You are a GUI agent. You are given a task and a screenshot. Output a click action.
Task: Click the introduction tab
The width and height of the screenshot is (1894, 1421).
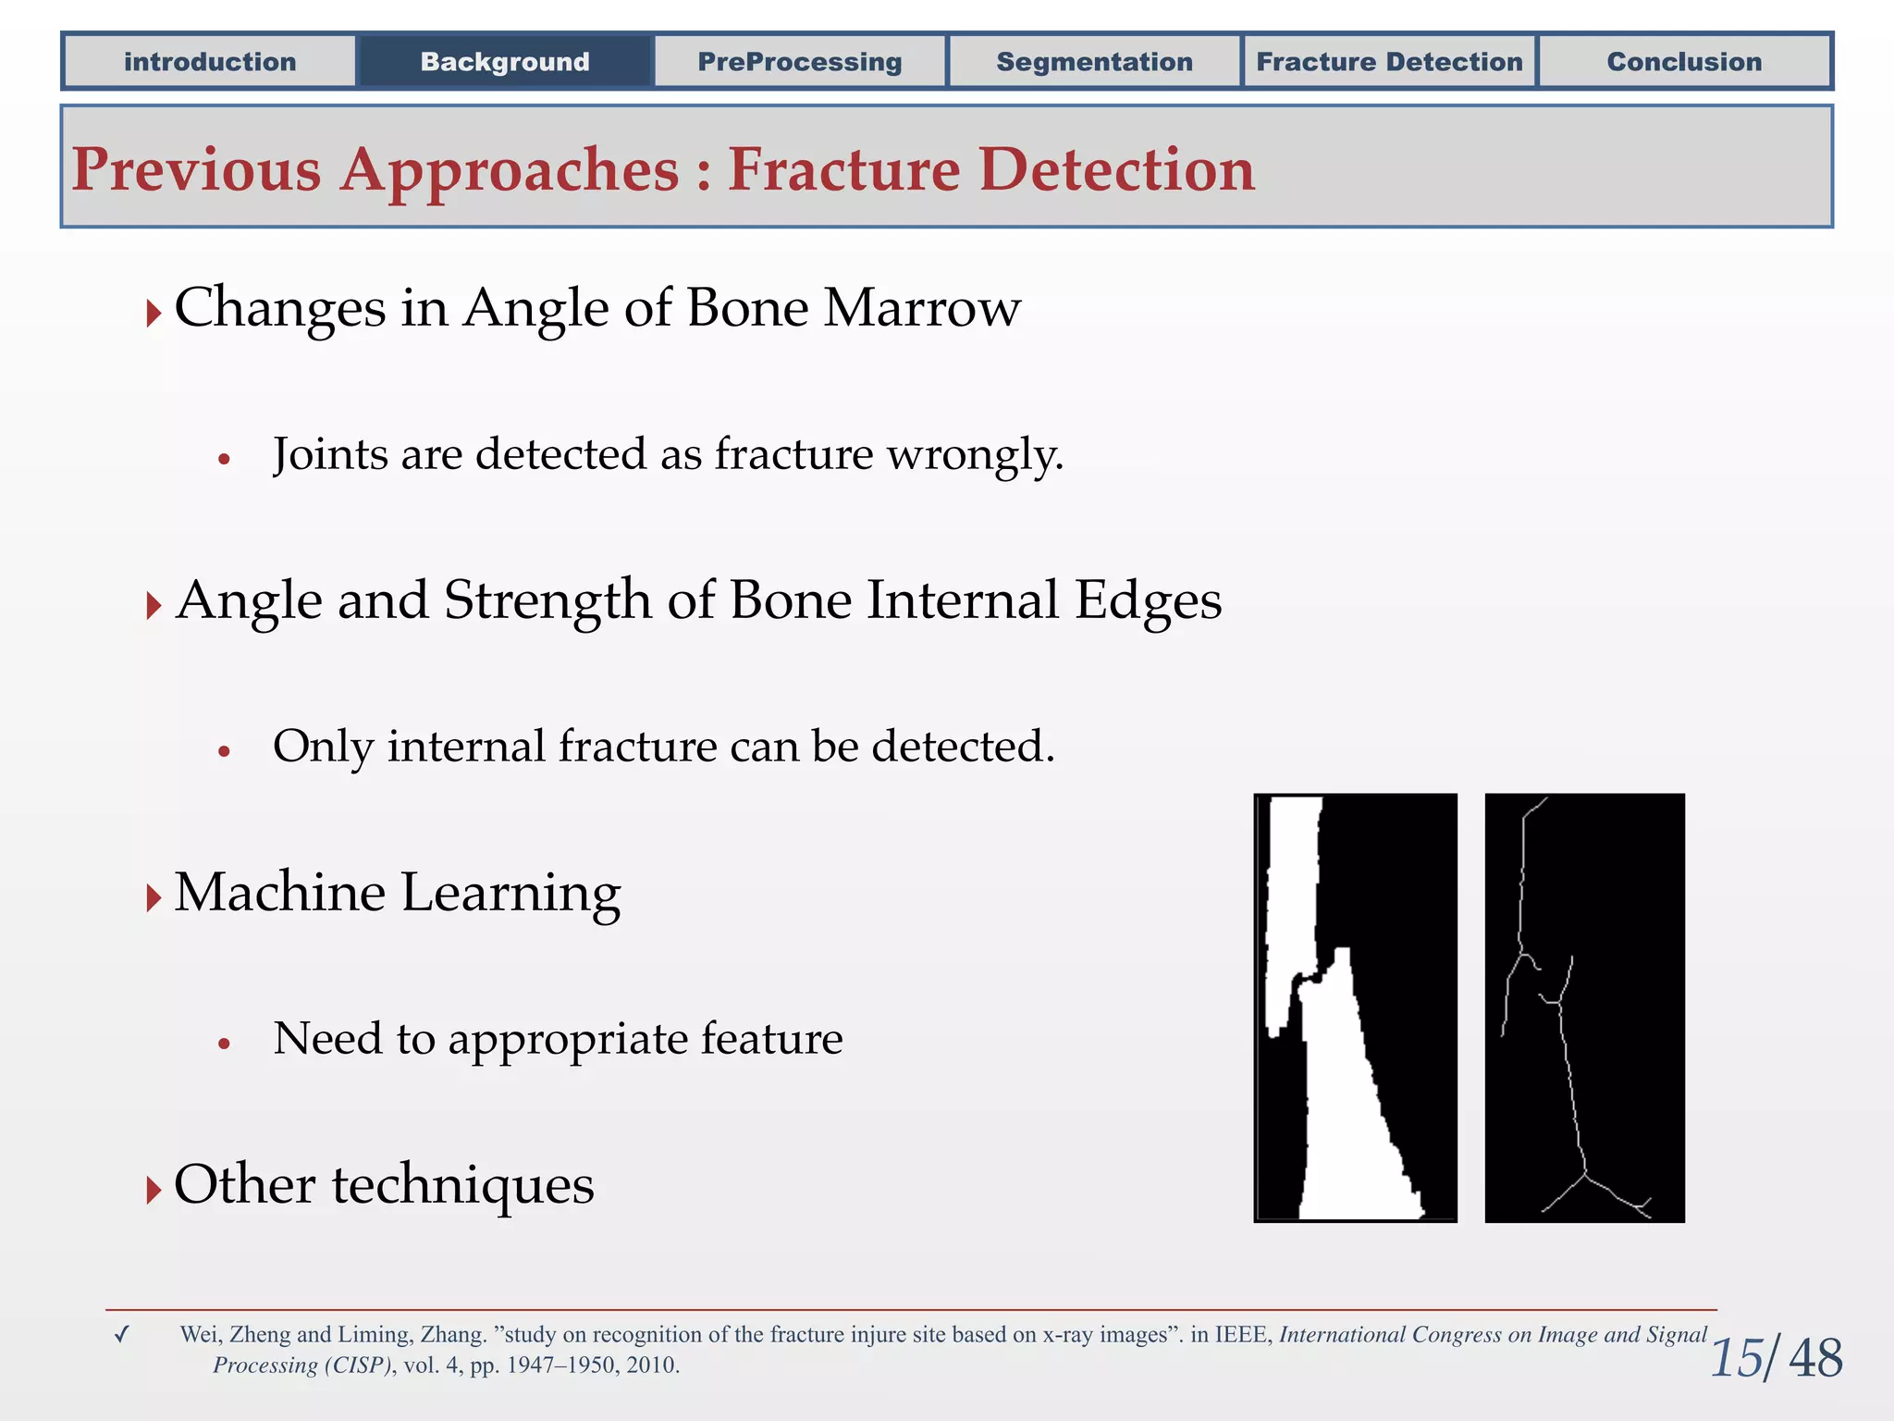[x=210, y=62]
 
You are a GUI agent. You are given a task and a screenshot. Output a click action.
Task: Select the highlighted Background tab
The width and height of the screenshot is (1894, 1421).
[x=505, y=62]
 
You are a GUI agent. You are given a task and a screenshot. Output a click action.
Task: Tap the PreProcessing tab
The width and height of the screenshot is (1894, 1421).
[x=800, y=62]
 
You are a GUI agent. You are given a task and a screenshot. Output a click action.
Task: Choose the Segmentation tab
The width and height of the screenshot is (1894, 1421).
[x=1094, y=62]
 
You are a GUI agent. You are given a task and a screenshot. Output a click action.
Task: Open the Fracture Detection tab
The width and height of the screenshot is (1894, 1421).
[x=1389, y=62]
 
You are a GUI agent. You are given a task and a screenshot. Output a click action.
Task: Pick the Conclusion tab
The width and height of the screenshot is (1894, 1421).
[x=1684, y=62]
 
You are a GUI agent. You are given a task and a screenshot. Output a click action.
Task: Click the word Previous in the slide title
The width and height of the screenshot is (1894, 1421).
[x=197, y=170]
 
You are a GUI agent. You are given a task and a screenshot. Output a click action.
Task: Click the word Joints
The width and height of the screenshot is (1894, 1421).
[x=330, y=455]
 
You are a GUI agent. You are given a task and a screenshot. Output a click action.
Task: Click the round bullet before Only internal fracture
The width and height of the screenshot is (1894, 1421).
[x=224, y=751]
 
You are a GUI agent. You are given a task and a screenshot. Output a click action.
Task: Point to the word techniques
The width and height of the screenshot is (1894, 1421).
[x=462, y=1185]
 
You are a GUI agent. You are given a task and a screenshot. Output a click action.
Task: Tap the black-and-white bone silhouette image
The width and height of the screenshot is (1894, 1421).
[x=1355, y=1007]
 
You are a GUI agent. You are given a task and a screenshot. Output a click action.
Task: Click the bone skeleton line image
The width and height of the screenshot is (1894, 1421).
[x=1584, y=1007]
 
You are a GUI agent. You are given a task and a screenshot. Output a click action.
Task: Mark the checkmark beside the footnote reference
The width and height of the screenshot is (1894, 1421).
[x=121, y=1335]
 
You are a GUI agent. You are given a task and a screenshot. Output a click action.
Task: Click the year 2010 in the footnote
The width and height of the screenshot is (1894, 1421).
[x=651, y=1365]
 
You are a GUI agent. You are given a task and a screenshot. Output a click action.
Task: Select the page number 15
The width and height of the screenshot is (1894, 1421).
[x=1737, y=1359]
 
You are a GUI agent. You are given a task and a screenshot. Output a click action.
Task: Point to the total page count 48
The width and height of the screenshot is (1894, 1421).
[x=1815, y=1359]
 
